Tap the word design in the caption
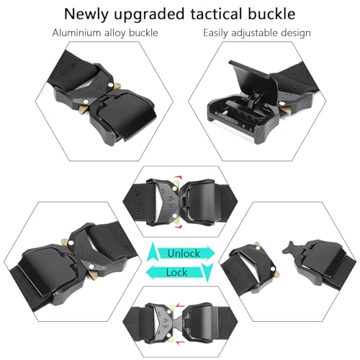tap(297, 34)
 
